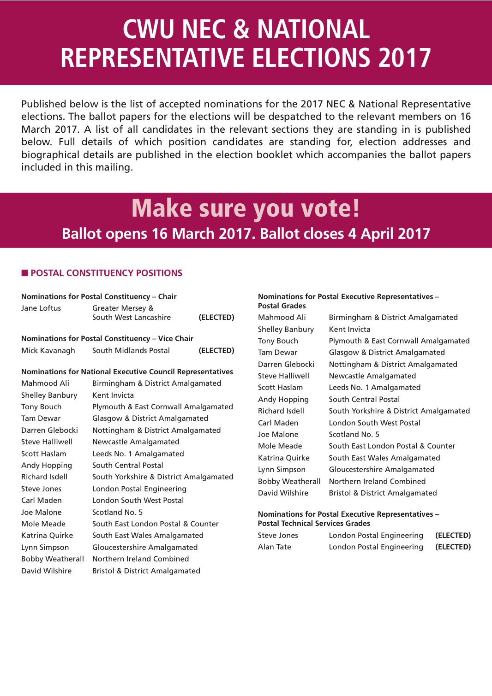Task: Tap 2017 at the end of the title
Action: [x=404, y=58]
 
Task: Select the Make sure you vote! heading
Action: [x=246, y=208]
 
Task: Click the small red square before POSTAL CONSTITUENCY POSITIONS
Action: [x=24, y=273]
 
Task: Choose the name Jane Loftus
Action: [x=41, y=308]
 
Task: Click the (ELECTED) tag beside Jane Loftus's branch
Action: [x=216, y=317]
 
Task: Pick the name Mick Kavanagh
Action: [x=48, y=350]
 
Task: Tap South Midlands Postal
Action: [x=131, y=350]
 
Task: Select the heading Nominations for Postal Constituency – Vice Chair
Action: [x=107, y=338]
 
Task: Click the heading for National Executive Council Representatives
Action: [x=127, y=372]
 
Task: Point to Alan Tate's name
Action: [x=275, y=547]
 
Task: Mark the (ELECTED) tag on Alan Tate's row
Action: [x=453, y=547]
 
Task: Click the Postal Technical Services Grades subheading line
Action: [x=314, y=523]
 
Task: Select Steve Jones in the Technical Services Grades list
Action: [x=278, y=535]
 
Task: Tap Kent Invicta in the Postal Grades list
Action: [x=349, y=329]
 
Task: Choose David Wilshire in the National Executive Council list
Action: [x=46, y=571]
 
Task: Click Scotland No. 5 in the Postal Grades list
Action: [x=354, y=434]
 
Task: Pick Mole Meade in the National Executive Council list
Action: [x=43, y=524]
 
